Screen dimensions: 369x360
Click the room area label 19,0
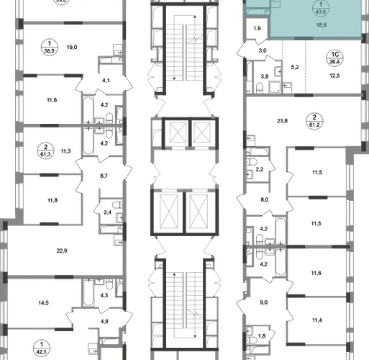(72, 48)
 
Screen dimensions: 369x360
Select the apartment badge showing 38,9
(50, 48)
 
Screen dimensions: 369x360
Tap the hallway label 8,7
(104, 176)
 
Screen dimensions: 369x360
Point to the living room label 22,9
(62, 251)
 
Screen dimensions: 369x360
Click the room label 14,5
(43, 303)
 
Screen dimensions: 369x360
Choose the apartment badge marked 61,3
(45, 150)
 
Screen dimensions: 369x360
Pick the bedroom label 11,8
(53, 200)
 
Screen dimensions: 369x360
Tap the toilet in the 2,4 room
(117, 205)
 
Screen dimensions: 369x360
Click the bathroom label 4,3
(104, 295)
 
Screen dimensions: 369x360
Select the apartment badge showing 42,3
(42, 348)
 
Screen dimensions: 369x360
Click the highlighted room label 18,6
(322, 25)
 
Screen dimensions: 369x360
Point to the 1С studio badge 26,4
(334, 58)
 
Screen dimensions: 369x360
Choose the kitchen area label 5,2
(295, 68)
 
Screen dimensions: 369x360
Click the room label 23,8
(282, 121)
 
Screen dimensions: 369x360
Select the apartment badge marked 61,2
(314, 121)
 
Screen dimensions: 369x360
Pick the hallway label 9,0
(263, 302)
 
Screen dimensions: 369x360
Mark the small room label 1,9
(257, 29)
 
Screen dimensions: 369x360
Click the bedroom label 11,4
(317, 320)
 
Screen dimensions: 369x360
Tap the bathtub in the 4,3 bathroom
(88, 292)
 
